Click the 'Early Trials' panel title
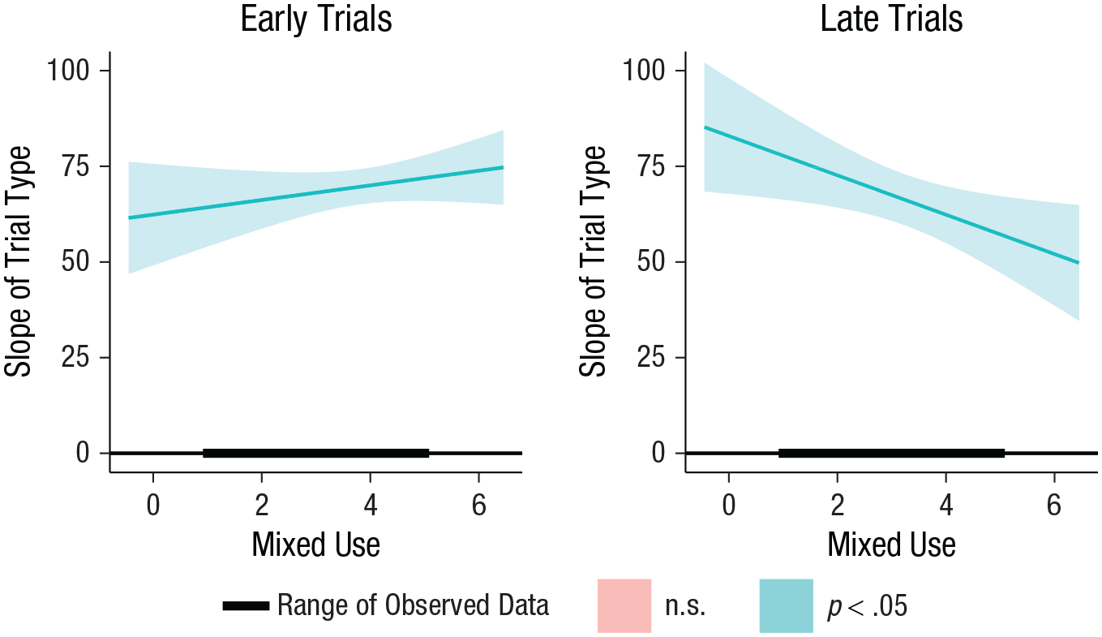coord(315,19)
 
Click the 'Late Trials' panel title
coord(891,19)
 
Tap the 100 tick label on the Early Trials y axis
coord(68,70)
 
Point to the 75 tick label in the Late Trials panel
coord(651,166)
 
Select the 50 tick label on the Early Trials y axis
coord(75,261)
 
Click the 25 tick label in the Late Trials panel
coord(651,357)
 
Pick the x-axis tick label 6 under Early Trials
coord(478,505)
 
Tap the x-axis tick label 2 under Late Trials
coord(838,505)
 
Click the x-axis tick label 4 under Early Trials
coord(371,505)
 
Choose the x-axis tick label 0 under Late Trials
coord(729,505)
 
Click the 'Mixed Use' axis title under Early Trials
coord(315,544)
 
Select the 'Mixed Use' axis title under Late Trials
coord(891,544)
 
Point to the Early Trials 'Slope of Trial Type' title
coord(18,261)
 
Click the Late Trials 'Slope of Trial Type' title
coord(593,261)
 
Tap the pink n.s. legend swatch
coord(624,605)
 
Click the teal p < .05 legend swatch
coord(787,605)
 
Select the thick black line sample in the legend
coord(246,606)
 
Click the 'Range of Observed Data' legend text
coord(413,605)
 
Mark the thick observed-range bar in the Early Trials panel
coord(315,453)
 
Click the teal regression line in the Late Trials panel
coord(891,195)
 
